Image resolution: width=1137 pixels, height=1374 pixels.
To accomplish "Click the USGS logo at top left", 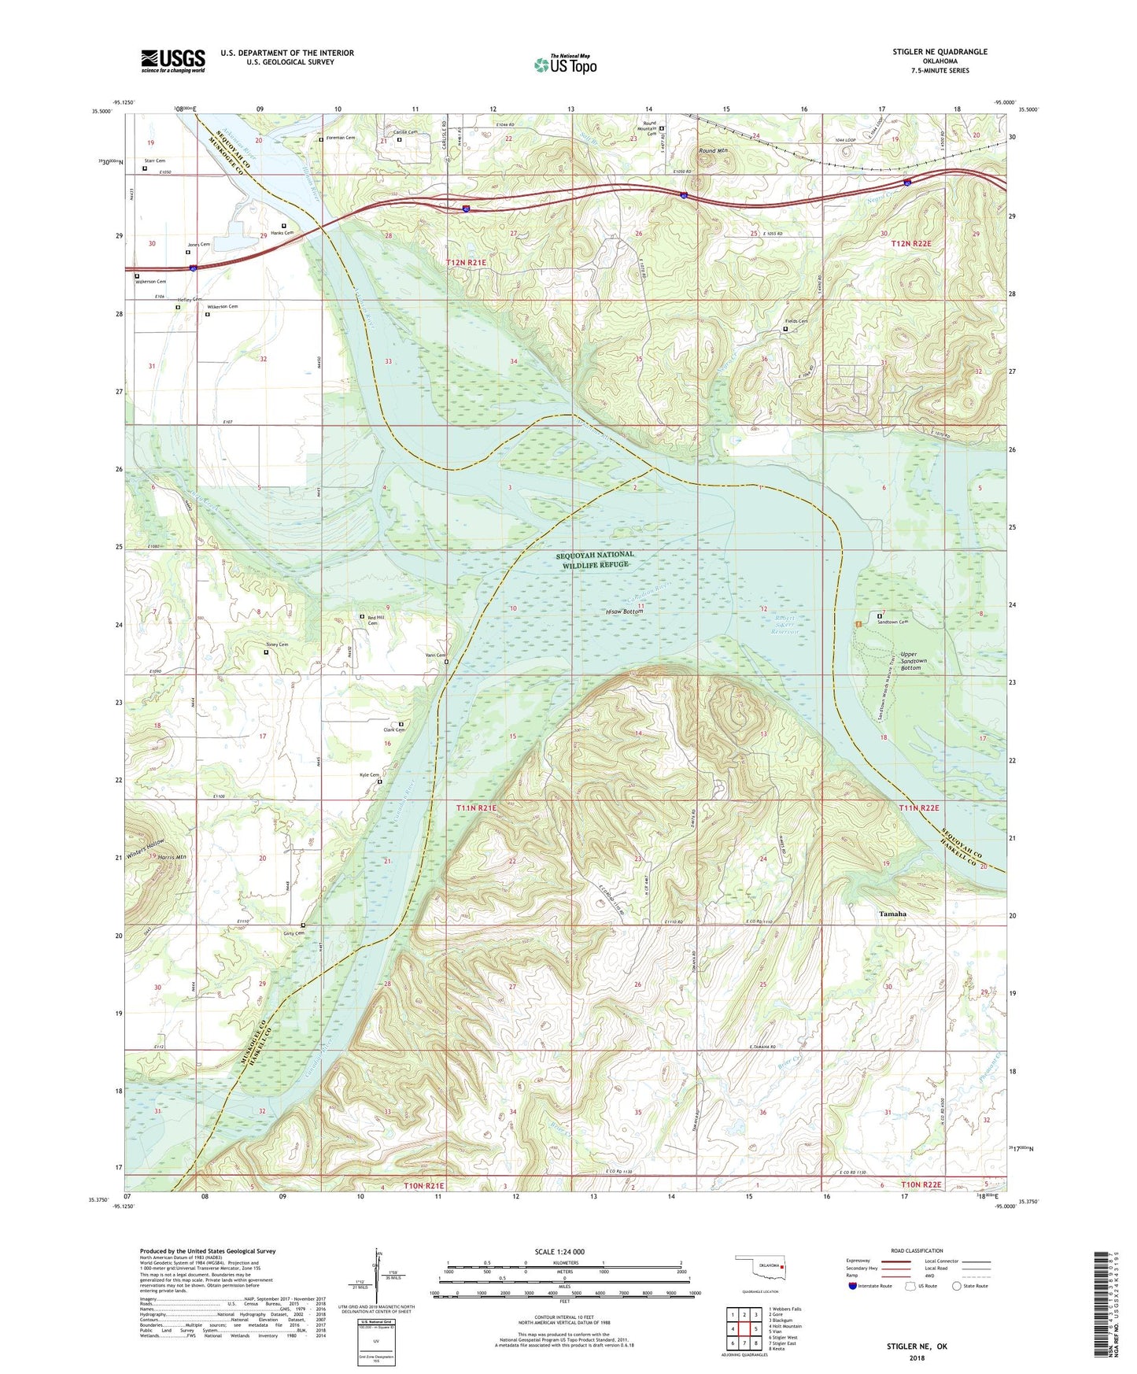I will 173,61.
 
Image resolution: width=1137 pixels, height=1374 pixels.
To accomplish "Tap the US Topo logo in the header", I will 565,65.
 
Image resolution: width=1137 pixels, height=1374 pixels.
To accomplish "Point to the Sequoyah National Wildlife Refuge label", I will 595,560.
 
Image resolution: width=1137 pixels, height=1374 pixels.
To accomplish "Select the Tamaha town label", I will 892,914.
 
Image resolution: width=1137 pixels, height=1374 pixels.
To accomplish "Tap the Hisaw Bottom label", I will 625,611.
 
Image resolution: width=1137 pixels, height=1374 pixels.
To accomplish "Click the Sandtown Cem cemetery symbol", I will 880,616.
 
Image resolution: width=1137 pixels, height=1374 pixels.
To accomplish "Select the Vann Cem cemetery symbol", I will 446,662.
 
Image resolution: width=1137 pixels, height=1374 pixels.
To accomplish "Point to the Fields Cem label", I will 796,321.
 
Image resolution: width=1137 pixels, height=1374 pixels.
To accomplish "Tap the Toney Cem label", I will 277,645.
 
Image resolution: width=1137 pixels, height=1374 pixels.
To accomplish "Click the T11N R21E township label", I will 476,808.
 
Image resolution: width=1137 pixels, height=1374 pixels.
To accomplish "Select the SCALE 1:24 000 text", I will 559,1251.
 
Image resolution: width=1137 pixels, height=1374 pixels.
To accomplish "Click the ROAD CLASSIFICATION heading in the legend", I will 917,1250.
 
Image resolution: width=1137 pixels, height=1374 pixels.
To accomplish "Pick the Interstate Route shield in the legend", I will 853,1287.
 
